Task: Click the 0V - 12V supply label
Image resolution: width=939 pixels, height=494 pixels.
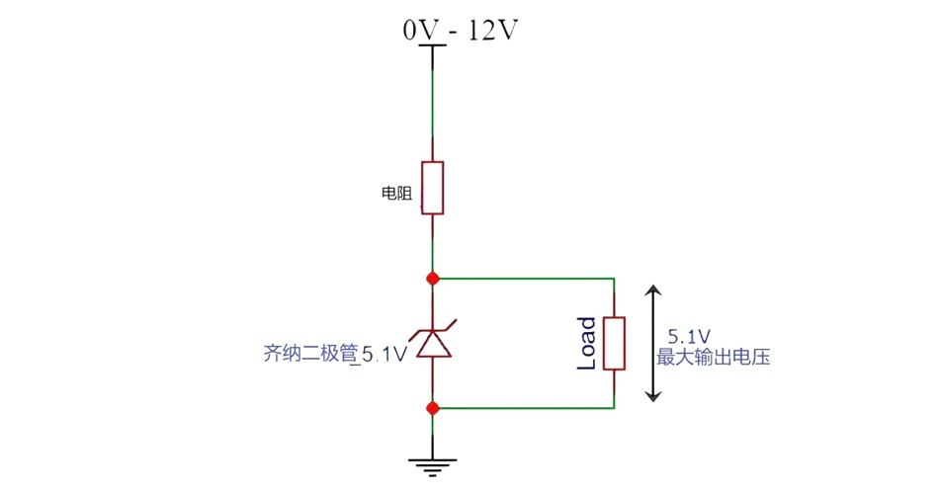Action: pos(460,31)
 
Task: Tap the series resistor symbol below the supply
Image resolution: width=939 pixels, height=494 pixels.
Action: pos(432,188)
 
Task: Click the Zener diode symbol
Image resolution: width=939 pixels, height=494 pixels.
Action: pos(432,342)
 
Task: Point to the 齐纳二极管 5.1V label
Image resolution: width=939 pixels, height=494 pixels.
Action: pos(335,354)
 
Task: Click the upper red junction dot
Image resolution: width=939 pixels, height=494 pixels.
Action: pos(432,279)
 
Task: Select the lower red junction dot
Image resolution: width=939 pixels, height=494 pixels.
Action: pos(432,407)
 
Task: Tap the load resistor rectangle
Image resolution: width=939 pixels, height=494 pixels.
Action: pos(614,343)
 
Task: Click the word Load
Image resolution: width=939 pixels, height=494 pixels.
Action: pos(586,343)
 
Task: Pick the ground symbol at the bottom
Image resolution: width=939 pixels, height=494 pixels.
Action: pos(432,464)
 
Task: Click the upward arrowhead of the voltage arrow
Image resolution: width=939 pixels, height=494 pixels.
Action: pos(652,291)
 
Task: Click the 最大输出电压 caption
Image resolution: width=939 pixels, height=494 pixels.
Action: pos(713,358)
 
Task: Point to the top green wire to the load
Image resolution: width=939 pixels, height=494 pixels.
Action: pos(524,279)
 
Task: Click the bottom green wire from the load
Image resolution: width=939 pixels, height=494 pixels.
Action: pos(524,407)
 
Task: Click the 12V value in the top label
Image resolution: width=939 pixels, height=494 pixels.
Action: pos(491,31)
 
